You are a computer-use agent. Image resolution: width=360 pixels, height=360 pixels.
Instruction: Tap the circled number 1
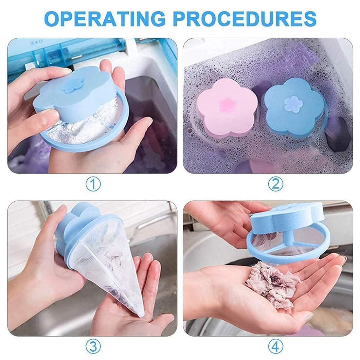(x=93, y=185)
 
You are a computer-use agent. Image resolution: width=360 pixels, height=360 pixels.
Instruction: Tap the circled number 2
(x=275, y=185)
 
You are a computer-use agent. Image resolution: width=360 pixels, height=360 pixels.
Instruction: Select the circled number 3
(x=93, y=345)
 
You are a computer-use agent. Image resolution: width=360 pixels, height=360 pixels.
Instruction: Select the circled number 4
(x=275, y=345)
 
